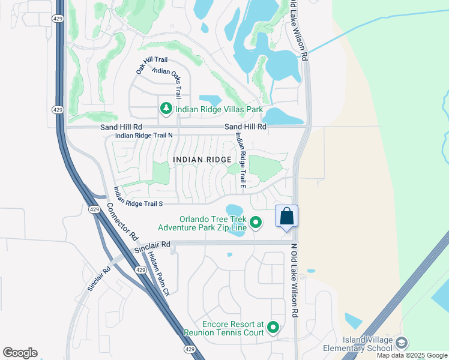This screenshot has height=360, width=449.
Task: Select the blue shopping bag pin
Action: (x=286, y=217)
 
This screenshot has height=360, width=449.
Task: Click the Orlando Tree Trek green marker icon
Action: (x=256, y=223)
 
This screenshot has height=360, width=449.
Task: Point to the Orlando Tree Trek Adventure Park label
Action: (x=202, y=223)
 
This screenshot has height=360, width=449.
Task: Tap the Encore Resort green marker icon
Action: (x=273, y=328)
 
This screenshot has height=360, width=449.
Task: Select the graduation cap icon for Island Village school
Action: (x=401, y=343)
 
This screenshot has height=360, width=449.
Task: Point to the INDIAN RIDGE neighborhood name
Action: (x=202, y=159)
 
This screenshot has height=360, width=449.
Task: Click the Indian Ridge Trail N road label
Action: (x=143, y=136)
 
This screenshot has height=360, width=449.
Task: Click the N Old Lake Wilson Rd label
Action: (x=294, y=280)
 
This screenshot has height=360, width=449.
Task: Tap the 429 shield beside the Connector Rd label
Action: (x=94, y=209)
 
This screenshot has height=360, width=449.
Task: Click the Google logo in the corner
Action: (x=20, y=353)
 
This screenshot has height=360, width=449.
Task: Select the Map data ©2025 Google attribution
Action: (x=412, y=355)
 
